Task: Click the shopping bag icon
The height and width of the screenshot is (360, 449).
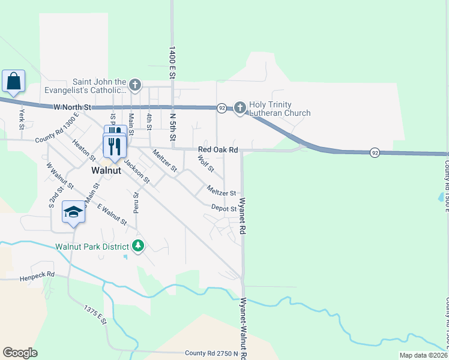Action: tap(13, 81)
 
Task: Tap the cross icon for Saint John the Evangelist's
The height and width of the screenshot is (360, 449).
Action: tap(135, 85)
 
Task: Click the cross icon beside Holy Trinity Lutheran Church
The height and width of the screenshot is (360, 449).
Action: tap(240, 108)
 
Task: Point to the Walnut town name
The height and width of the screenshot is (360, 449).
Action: tap(107, 170)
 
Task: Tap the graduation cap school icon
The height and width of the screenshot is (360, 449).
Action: tap(73, 212)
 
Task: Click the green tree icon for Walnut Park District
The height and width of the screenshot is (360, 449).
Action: tap(138, 246)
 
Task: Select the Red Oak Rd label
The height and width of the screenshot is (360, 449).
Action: tap(218, 149)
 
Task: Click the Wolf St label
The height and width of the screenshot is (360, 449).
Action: tap(206, 163)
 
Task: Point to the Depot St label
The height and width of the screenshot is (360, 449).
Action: tap(224, 208)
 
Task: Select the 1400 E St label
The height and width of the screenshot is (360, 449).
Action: tap(172, 60)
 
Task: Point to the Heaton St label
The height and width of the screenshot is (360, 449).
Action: tap(83, 148)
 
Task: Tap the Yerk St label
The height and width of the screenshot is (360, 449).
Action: tap(21, 118)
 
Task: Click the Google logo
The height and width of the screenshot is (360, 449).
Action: tap(20, 353)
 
